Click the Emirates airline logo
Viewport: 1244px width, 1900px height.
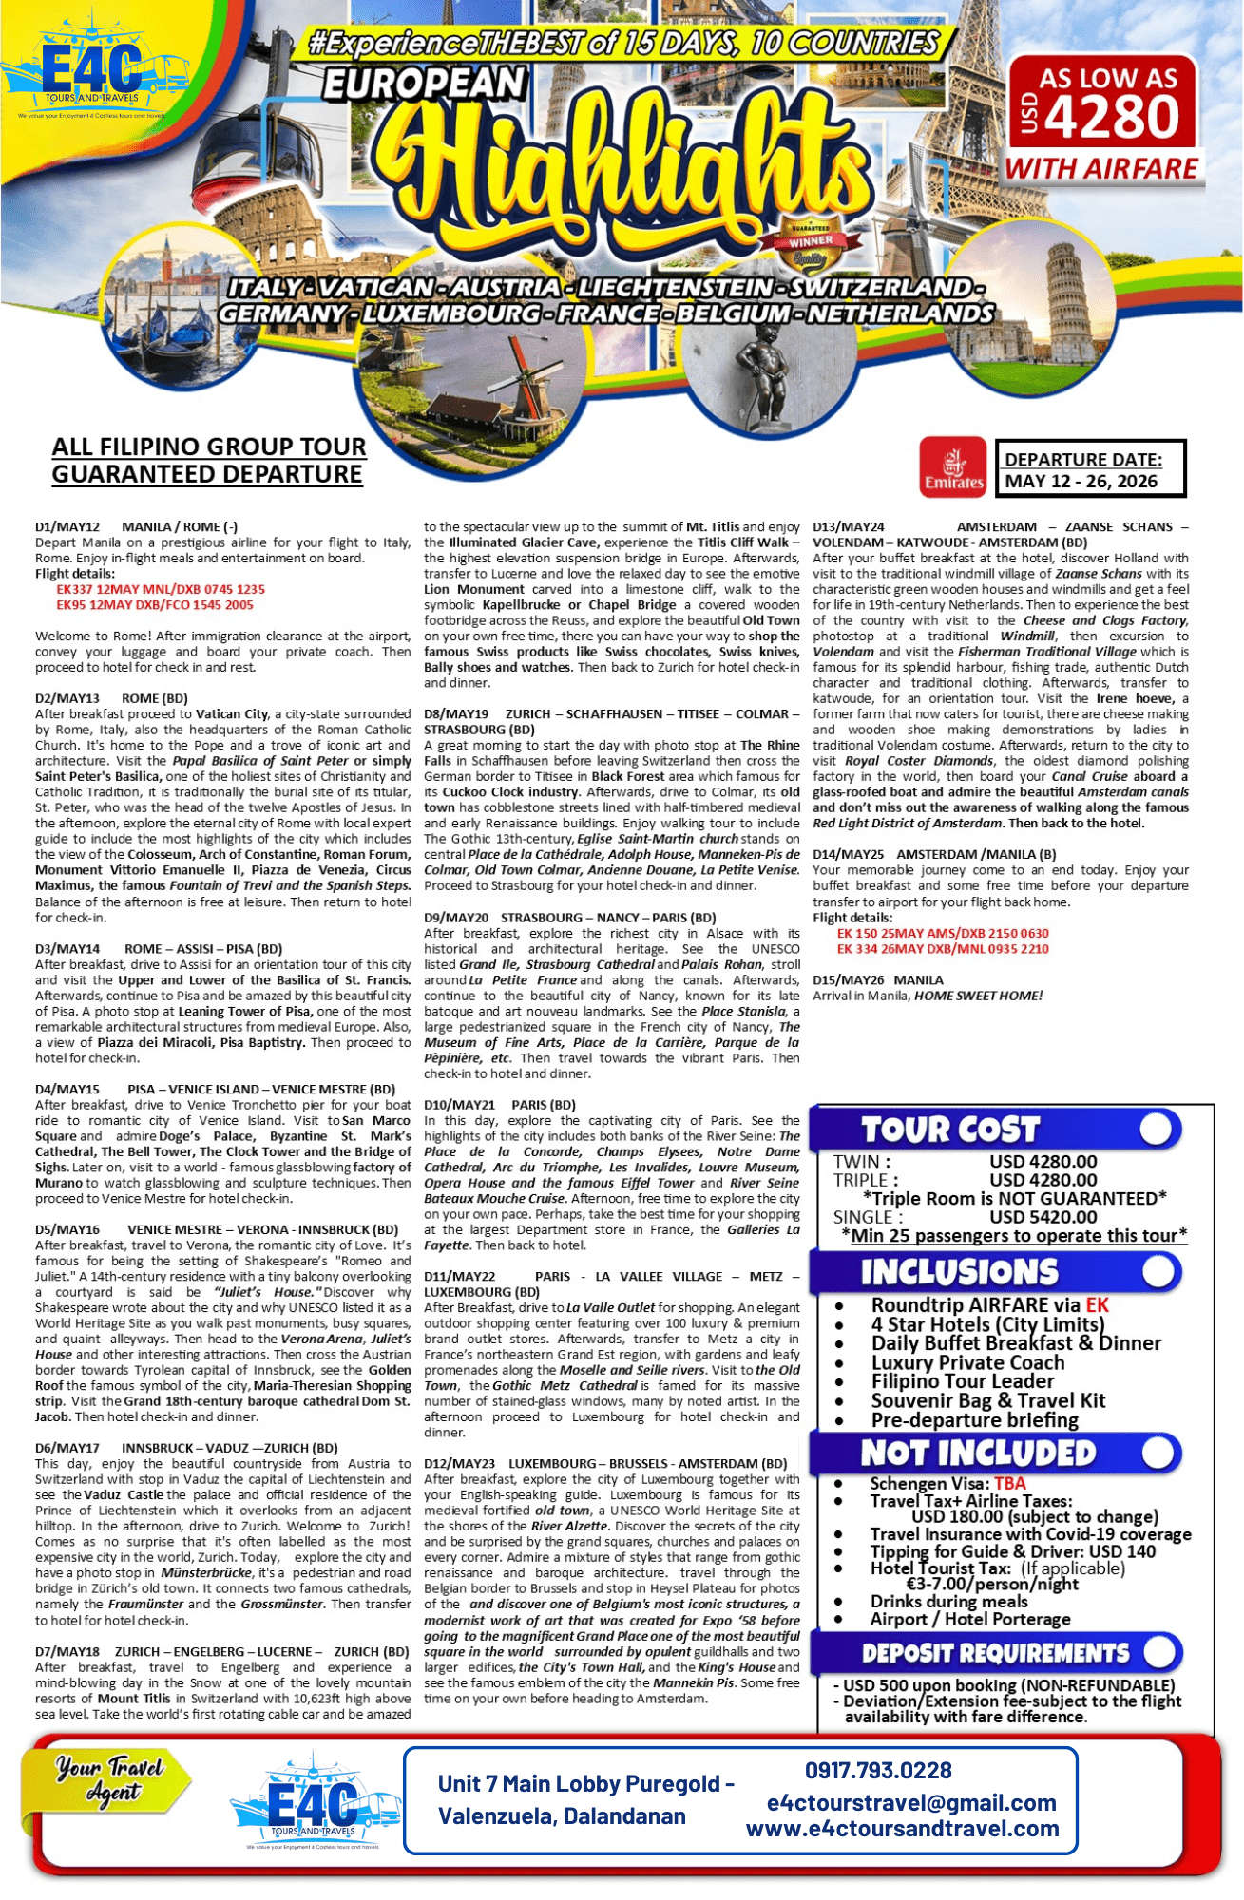pyautogui.click(x=953, y=467)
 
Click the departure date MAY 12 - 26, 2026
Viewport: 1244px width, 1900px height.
pyautogui.click(x=1081, y=481)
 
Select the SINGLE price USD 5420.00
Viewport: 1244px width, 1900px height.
pyautogui.click(x=1043, y=1217)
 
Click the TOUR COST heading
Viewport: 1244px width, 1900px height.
pyautogui.click(x=949, y=1130)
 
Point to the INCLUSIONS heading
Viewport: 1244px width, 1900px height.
pyautogui.click(x=959, y=1272)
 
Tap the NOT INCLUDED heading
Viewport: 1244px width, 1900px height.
pyautogui.click(x=978, y=1453)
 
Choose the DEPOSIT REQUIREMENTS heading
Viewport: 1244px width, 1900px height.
pyautogui.click(x=995, y=1653)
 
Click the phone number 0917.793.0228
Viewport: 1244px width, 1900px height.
pyautogui.click(x=877, y=1771)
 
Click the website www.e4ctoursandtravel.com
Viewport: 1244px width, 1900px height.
pyautogui.click(x=902, y=1829)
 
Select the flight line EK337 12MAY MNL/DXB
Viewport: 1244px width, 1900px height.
pyautogui.click(x=160, y=589)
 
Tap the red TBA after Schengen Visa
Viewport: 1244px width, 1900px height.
pyautogui.click(x=1010, y=1484)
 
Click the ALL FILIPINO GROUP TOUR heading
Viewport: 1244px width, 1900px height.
pyautogui.click(x=209, y=446)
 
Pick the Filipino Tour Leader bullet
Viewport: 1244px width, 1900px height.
pyautogui.click(x=962, y=1381)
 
